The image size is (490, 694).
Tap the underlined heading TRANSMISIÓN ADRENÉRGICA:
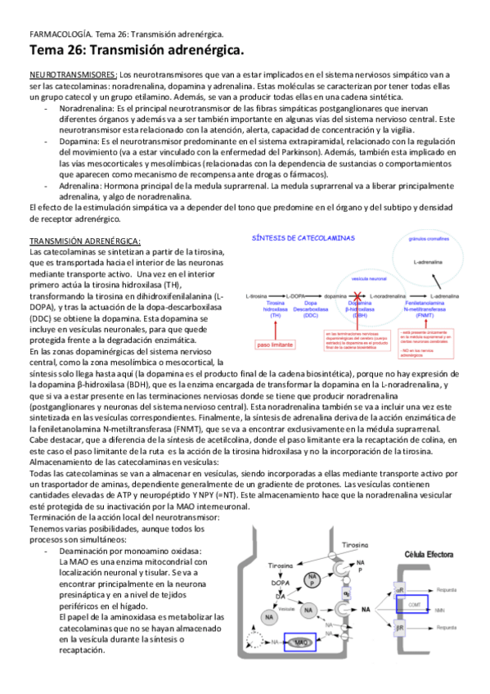tap(85, 241)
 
